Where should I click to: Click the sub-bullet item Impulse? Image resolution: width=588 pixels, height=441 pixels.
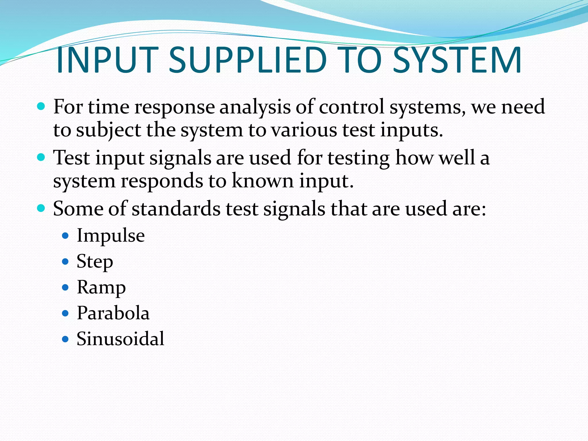click(111, 236)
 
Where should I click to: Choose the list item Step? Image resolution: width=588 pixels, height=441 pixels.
click(95, 262)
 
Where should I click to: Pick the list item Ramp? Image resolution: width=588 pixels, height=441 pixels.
click(101, 287)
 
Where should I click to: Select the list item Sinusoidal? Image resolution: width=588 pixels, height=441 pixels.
click(120, 339)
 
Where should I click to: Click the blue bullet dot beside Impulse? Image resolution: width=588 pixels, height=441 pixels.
click(65, 236)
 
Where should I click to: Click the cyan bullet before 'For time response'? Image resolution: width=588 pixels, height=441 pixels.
click(41, 107)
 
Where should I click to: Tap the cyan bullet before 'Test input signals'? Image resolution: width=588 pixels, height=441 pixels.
click(41, 157)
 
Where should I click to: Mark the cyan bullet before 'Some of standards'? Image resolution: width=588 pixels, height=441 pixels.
click(41, 208)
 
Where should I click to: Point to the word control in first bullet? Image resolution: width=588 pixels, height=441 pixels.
click(351, 107)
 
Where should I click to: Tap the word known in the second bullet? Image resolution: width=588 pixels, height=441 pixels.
click(262, 181)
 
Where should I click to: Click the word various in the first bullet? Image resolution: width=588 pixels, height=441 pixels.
click(304, 130)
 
